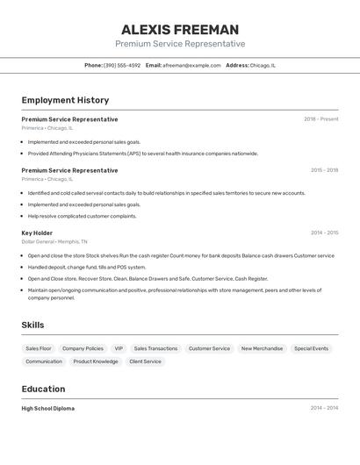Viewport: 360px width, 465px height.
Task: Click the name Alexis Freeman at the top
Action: (x=180, y=30)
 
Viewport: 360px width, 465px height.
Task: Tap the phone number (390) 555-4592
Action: (x=122, y=65)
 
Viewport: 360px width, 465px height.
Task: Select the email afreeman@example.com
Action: (x=191, y=65)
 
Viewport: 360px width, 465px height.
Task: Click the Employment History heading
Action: (x=65, y=100)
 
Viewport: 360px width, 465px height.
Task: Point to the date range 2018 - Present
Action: (x=320, y=119)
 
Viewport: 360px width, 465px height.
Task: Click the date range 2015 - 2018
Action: (x=324, y=170)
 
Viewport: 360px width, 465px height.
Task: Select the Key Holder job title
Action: (x=37, y=232)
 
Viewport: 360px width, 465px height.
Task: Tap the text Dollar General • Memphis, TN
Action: (x=54, y=241)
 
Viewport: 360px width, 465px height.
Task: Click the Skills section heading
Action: (x=32, y=325)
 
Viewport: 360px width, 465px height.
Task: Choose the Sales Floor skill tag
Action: (x=39, y=348)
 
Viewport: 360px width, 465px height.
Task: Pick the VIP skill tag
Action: (x=119, y=348)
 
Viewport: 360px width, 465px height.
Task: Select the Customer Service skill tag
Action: (x=209, y=348)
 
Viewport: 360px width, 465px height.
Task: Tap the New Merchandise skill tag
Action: (x=262, y=348)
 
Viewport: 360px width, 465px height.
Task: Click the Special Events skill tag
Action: (x=311, y=348)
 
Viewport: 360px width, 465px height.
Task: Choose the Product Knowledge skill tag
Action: (x=96, y=361)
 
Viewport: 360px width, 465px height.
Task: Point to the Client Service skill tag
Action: (x=145, y=361)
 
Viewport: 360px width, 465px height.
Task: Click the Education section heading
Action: (x=43, y=389)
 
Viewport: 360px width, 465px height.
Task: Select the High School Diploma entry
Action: (x=48, y=408)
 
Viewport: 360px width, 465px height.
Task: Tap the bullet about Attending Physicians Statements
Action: (x=143, y=154)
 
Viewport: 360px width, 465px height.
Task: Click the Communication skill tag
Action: (x=44, y=361)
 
